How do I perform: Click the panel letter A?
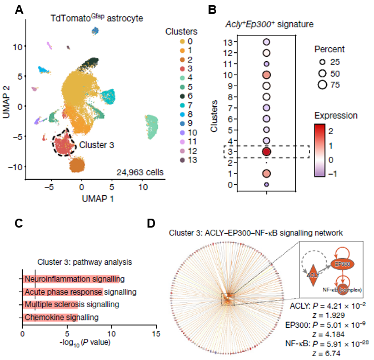[x=19, y=10]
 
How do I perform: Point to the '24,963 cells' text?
[x=140, y=172]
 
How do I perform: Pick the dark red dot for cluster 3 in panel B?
[x=266, y=151]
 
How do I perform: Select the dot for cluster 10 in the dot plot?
[x=266, y=75]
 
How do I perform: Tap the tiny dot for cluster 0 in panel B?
[x=266, y=184]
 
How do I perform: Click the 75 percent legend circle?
[x=322, y=85]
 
